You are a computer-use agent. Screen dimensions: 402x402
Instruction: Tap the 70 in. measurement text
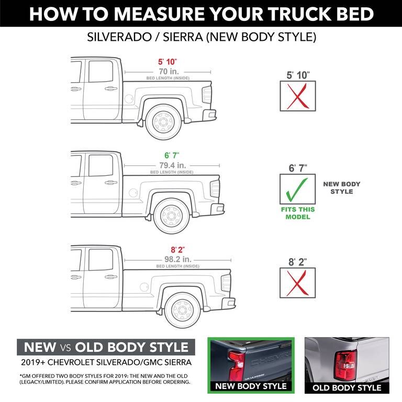point(167,71)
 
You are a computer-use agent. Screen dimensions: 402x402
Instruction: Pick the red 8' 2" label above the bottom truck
point(178,250)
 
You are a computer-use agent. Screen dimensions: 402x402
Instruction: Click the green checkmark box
point(298,189)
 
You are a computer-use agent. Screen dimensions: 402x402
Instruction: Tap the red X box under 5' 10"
point(298,96)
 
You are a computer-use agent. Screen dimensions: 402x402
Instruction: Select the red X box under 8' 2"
point(298,282)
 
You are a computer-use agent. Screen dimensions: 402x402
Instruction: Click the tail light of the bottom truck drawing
point(226,283)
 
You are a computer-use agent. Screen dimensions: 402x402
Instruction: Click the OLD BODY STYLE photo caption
point(347,388)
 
